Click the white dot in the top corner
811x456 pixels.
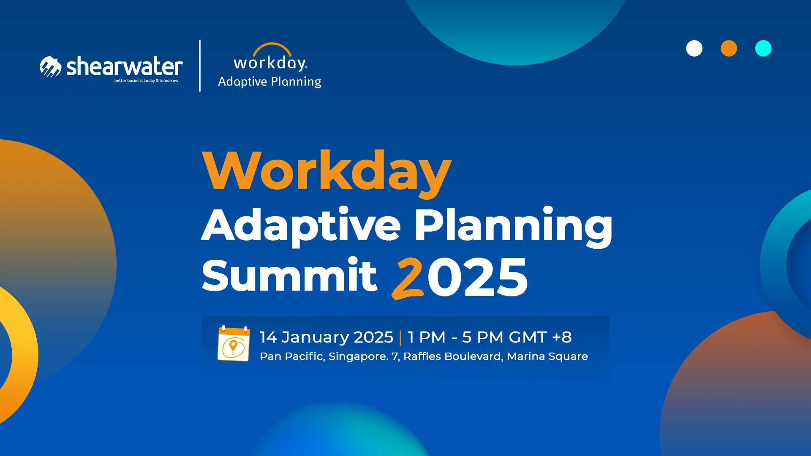[694, 48]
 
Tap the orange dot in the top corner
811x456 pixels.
[729, 48]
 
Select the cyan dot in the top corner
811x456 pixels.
[763, 48]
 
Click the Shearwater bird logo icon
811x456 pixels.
[51, 67]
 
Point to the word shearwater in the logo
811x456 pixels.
[125, 66]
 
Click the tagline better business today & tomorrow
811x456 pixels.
[146, 81]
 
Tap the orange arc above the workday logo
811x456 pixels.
[272, 47]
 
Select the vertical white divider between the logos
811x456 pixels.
[200, 65]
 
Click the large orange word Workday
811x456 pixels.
[327, 171]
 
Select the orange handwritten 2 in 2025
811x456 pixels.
[408, 278]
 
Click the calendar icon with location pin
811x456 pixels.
[234, 343]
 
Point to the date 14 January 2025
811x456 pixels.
[326, 337]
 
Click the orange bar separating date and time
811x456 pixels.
[400, 337]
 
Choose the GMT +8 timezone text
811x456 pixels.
[540, 337]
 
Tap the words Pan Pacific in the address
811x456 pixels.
[292, 356]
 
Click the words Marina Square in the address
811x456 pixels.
[547, 356]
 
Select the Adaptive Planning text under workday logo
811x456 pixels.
[269, 81]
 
